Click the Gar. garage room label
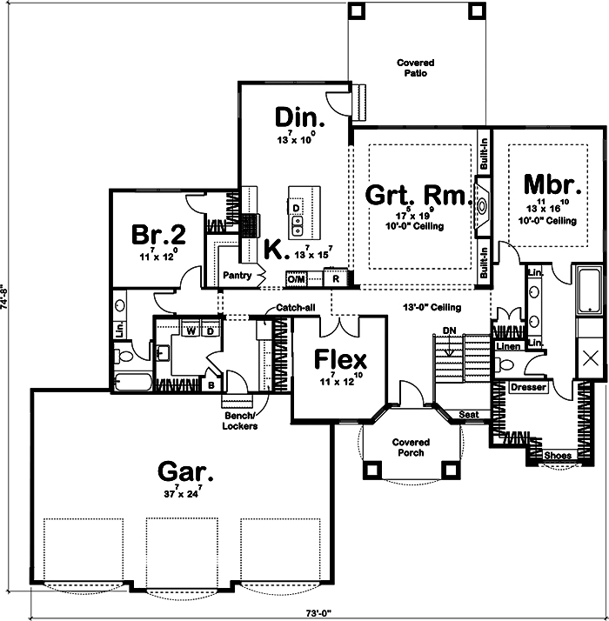click(185, 472)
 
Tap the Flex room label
click(340, 359)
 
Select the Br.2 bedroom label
click(158, 236)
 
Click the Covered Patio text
click(415, 69)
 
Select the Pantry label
click(237, 276)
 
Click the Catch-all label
click(295, 308)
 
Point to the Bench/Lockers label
click(239, 421)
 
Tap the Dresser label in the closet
click(528, 387)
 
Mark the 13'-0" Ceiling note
click(432, 308)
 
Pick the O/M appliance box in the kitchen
click(296, 279)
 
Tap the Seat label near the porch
click(469, 416)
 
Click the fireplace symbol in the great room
click(482, 205)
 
